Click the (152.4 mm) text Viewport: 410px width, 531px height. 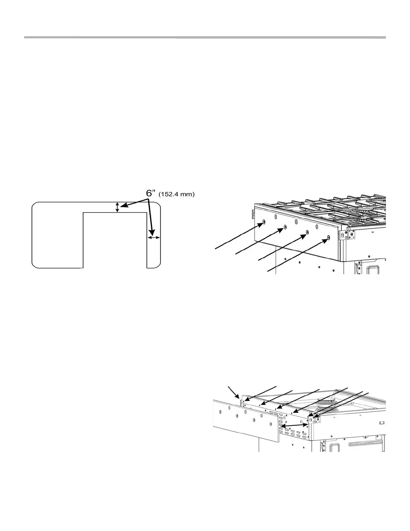(x=176, y=194)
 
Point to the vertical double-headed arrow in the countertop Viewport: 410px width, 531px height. (x=117, y=207)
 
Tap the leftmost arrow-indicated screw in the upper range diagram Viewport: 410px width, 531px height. (x=264, y=222)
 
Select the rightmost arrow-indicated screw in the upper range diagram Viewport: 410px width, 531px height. (x=328, y=238)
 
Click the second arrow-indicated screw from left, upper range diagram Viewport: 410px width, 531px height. (x=285, y=227)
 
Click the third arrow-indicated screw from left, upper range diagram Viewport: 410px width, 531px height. (x=307, y=232)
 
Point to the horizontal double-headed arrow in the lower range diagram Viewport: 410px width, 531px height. (x=294, y=425)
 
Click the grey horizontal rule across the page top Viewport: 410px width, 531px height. (x=205, y=38)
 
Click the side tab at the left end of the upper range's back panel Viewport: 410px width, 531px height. (x=252, y=213)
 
